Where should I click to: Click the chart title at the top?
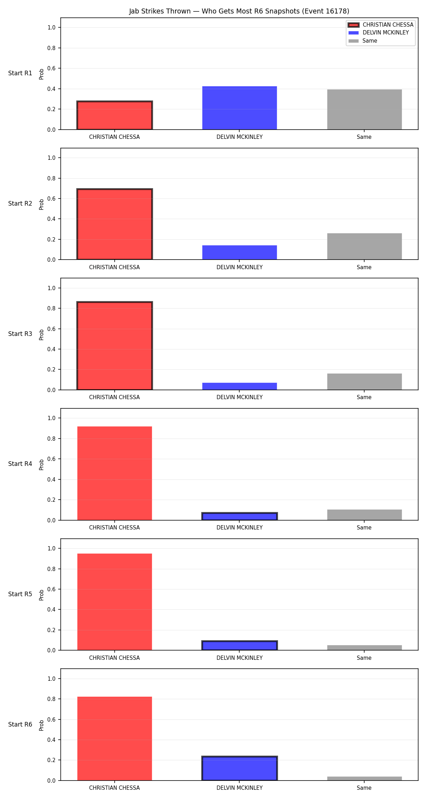pyautogui.click(x=239, y=11)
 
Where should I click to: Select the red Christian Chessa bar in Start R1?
pyautogui.click(x=115, y=115)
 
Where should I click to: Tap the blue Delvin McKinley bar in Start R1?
pyautogui.click(x=240, y=108)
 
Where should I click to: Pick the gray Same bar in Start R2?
pyautogui.click(x=365, y=246)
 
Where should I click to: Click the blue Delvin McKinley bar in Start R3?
pyautogui.click(x=240, y=386)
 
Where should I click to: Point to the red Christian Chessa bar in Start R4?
pyautogui.click(x=115, y=473)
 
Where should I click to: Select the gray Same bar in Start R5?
pyautogui.click(x=365, y=648)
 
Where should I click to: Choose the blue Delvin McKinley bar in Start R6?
pyautogui.click(x=240, y=768)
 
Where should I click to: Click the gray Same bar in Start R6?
pyautogui.click(x=365, y=778)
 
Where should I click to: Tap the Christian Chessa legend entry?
pyautogui.click(x=381, y=25)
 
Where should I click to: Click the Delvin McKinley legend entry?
pyautogui.click(x=378, y=33)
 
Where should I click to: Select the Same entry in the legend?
pyautogui.click(x=363, y=41)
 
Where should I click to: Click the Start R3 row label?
pyautogui.click(x=20, y=334)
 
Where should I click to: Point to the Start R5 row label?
pyautogui.click(x=20, y=594)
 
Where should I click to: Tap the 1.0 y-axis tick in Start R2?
pyautogui.click(x=51, y=158)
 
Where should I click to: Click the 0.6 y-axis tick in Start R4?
pyautogui.click(x=51, y=459)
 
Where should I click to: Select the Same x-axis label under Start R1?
pyautogui.click(x=364, y=137)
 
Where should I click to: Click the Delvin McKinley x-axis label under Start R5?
pyautogui.click(x=240, y=658)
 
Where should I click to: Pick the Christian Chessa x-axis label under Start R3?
pyautogui.click(x=114, y=397)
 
